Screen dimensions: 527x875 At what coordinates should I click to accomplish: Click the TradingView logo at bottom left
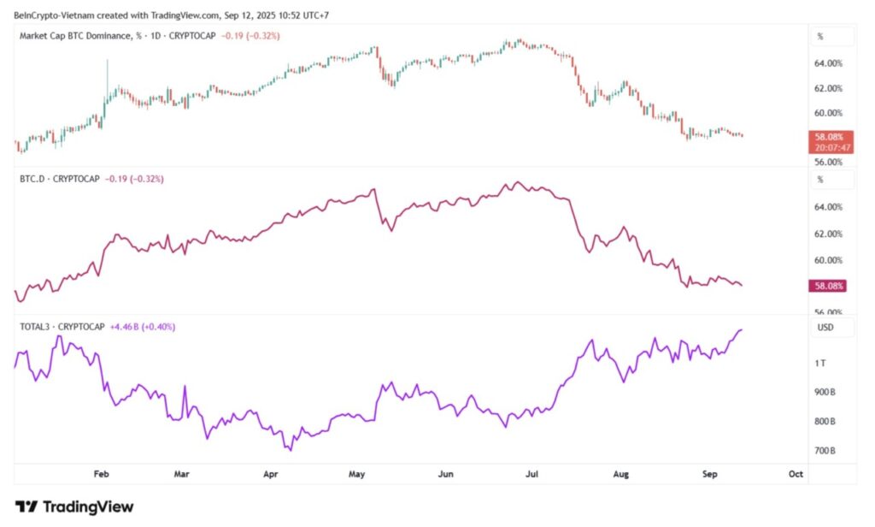74,506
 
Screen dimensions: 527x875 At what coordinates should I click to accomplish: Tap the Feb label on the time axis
101,472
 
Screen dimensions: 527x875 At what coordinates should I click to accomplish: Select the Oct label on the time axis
796,472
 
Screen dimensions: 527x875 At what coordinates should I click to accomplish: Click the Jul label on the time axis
532,472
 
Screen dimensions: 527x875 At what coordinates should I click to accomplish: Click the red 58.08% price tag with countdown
830,141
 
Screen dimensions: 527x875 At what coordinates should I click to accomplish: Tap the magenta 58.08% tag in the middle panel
830,286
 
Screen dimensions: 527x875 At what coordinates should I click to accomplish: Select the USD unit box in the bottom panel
825,328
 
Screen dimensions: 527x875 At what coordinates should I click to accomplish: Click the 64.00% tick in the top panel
830,63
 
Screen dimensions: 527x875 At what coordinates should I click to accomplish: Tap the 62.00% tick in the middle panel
830,234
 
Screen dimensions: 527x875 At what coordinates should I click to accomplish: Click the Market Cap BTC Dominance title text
82,35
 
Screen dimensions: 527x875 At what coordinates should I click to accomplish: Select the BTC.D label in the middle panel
32,179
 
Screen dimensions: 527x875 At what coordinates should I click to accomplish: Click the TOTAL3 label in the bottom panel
35,327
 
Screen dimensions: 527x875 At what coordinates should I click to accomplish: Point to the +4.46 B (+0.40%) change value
141,327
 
